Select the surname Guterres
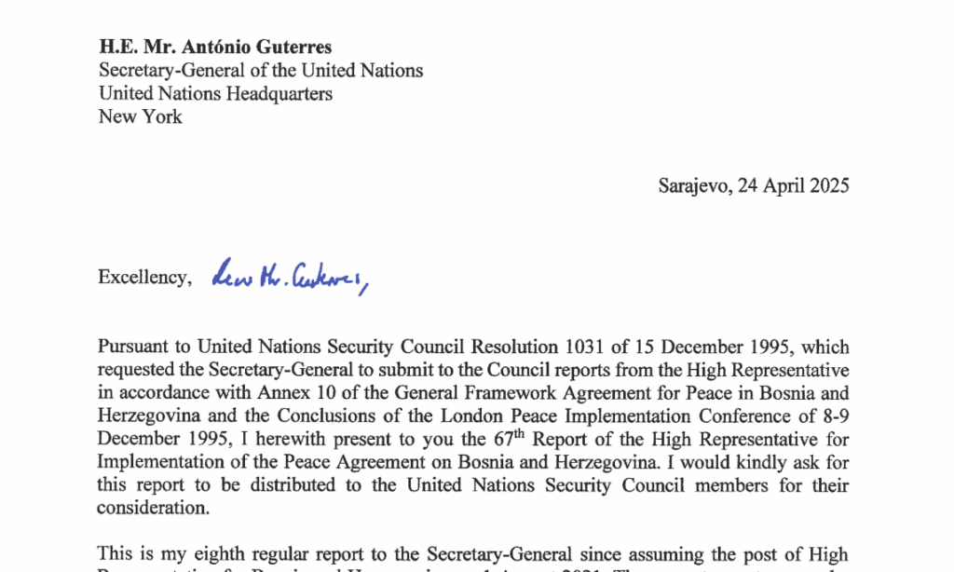(296, 47)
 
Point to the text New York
(141, 116)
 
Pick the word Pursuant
(134, 347)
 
